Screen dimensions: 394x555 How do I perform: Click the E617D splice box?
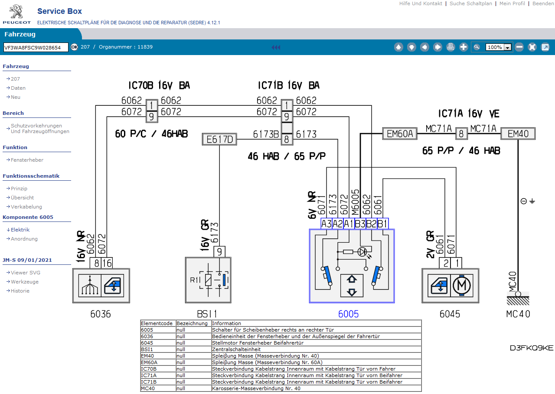(x=219, y=140)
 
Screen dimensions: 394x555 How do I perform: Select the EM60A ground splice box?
(x=399, y=134)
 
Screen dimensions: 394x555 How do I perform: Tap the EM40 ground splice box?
(x=518, y=134)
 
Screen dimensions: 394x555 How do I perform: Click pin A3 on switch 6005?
(x=326, y=224)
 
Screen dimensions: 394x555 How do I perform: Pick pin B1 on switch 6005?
(x=382, y=224)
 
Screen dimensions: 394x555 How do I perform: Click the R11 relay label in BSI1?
(x=195, y=280)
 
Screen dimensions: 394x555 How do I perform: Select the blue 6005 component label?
(x=349, y=314)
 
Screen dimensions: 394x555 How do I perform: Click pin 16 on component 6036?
(x=107, y=263)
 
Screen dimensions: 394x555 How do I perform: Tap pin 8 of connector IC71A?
(x=461, y=134)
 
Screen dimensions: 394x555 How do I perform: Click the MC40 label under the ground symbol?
(x=518, y=314)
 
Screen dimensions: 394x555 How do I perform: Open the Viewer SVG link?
(x=26, y=273)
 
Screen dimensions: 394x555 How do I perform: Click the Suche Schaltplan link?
(x=471, y=3)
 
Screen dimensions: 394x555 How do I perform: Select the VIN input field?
(x=36, y=47)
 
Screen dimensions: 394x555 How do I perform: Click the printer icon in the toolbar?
(x=451, y=47)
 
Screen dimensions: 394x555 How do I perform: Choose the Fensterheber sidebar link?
(x=27, y=160)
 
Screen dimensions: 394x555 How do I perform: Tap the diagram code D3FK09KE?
(x=532, y=348)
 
